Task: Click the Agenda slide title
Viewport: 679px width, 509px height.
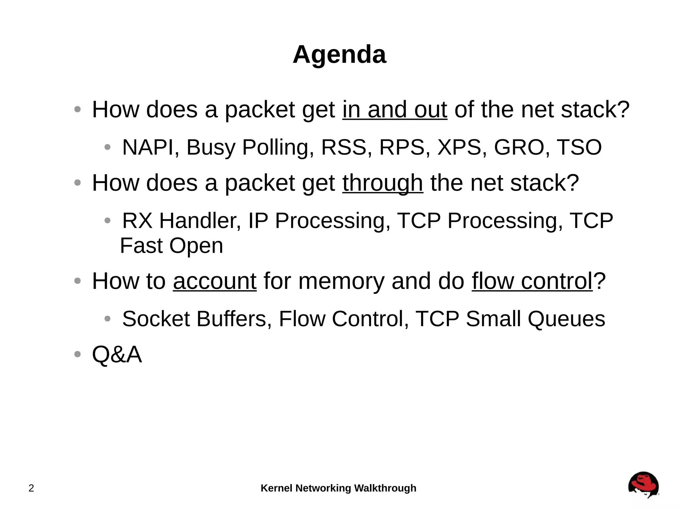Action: pos(339,55)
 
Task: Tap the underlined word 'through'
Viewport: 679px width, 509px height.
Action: pos(383,183)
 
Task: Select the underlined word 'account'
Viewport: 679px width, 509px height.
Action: pos(215,281)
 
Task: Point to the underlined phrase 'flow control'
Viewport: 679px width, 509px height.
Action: pos(532,281)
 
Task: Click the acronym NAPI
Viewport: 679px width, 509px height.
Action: pos(148,147)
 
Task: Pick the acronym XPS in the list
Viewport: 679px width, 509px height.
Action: pos(459,147)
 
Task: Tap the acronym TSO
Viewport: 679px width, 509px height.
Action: pos(579,147)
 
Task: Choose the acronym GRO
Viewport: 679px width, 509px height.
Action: pos(519,147)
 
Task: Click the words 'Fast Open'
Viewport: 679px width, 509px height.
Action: pos(171,246)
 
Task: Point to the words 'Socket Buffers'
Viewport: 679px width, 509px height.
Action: pos(194,319)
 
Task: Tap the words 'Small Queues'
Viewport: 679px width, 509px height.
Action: pos(535,319)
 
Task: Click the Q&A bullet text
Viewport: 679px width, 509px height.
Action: pos(117,354)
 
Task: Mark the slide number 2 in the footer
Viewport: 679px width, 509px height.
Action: pos(31,488)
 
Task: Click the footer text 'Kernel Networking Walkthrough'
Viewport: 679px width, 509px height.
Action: pos(338,488)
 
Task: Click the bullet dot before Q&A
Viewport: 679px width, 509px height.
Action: pos(78,354)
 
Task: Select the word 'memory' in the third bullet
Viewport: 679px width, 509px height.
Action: pos(341,281)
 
